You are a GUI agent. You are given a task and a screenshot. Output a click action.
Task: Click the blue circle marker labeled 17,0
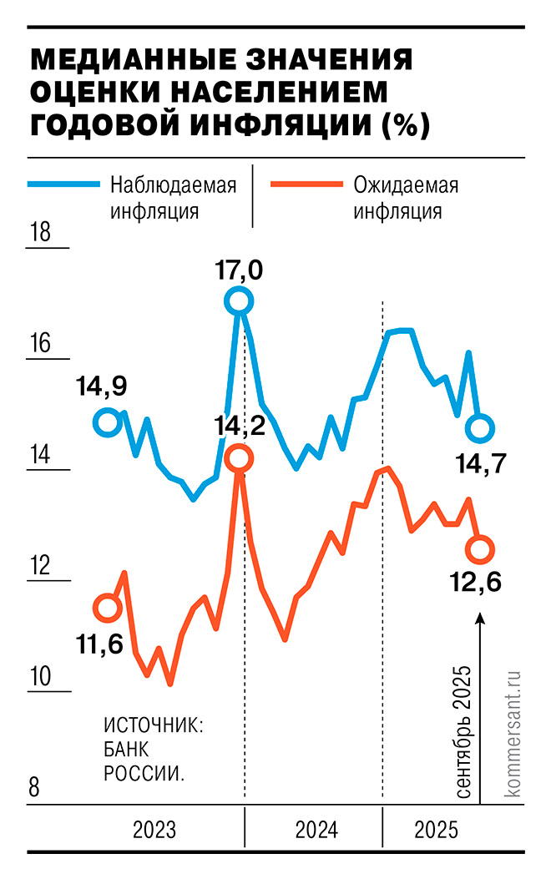tap(239, 301)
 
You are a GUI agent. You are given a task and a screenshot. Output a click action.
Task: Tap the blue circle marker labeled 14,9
tap(107, 422)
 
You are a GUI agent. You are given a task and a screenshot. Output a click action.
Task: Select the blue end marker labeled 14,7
tap(480, 429)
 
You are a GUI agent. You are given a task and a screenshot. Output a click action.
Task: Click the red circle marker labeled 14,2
tap(239, 458)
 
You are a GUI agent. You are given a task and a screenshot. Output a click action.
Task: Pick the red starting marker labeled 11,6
tap(107, 607)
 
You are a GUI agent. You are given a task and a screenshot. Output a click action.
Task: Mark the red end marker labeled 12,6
tap(480, 548)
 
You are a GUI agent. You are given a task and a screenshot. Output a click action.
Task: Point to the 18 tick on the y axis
tap(40, 232)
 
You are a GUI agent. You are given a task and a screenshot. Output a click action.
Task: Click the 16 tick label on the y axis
tap(40, 344)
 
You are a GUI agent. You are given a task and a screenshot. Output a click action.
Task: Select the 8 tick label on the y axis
tap(35, 788)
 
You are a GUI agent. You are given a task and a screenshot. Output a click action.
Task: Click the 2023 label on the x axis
tap(154, 831)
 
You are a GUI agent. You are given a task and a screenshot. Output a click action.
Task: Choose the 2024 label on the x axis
tap(316, 831)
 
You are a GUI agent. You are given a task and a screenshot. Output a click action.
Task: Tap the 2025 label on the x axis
tap(437, 831)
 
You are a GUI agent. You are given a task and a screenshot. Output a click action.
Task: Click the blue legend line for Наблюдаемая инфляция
tap(63, 185)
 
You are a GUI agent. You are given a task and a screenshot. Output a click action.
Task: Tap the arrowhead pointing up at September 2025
tap(480, 619)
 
